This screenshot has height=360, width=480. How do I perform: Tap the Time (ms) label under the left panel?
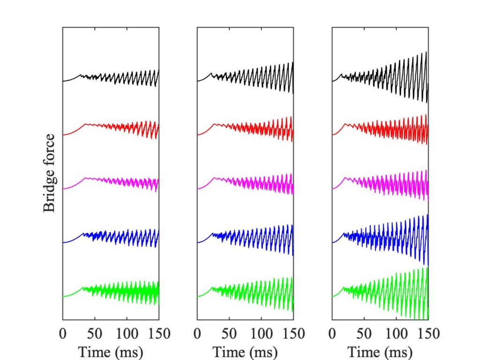pos(111,351)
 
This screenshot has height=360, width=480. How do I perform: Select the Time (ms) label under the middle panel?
pos(245,351)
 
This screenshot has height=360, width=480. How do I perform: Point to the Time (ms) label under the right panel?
pos(380,351)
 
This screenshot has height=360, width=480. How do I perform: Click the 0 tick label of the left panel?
pos(63,334)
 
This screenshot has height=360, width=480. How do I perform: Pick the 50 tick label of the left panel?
pos(95,334)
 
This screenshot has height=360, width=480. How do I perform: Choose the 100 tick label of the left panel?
pos(127,334)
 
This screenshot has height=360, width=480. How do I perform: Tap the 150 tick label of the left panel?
pos(158,334)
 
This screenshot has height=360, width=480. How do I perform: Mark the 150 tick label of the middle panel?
pos(293,334)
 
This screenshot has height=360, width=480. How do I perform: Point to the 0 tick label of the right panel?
pos(332,334)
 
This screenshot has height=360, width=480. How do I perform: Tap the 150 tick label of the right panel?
pos(427,334)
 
